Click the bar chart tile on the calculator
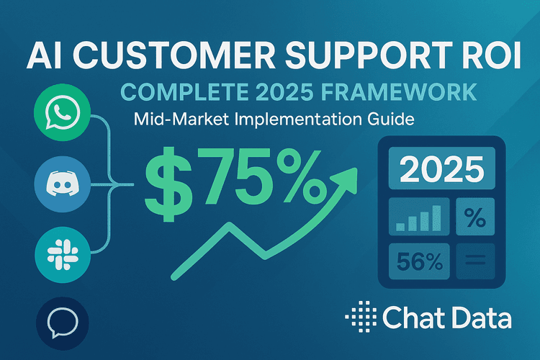(419, 217)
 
